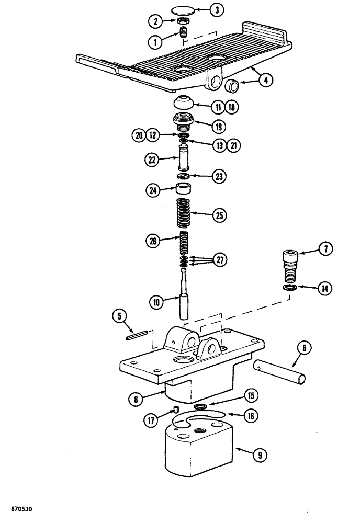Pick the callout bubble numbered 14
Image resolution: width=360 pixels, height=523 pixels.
[x=325, y=288]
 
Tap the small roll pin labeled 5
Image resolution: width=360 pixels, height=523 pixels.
[x=136, y=336]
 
